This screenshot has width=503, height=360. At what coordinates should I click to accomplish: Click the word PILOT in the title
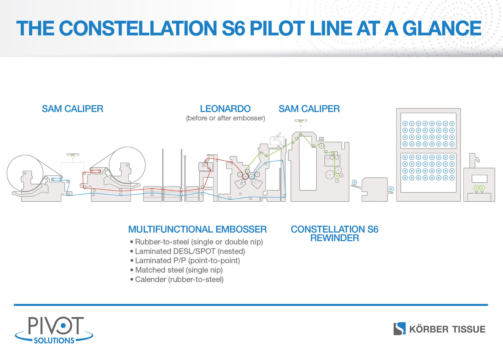(x=277, y=28)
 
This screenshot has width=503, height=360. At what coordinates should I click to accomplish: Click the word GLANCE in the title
(x=442, y=28)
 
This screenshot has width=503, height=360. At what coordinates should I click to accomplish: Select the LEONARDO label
(x=225, y=109)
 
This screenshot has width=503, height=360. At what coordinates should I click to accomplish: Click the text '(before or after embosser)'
(x=225, y=118)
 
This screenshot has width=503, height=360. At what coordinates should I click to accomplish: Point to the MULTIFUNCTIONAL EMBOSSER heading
(x=197, y=229)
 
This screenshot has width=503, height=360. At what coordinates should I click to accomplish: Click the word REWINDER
(x=334, y=238)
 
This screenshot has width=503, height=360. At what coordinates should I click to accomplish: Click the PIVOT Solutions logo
(x=54, y=330)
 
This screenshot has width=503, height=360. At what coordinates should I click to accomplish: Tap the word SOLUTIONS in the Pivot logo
(x=54, y=341)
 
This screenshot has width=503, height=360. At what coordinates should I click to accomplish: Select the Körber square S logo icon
(x=400, y=329)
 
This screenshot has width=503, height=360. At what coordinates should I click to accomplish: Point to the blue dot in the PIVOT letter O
(x=63, y=325)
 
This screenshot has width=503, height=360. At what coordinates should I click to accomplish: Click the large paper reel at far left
(x=25, y=173)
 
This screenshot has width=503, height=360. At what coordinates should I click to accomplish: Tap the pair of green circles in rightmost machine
(x=479, y=188)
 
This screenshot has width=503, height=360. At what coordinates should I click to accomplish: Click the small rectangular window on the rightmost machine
(x=479, y=179)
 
